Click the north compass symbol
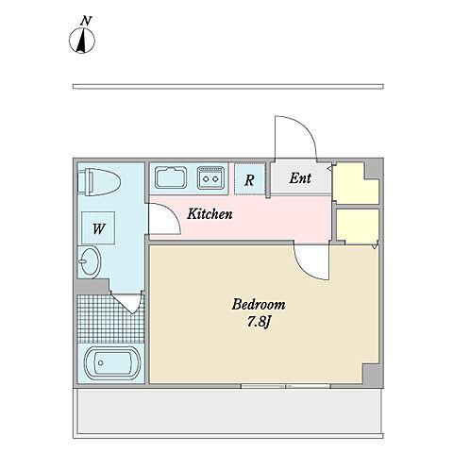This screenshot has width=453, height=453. pyautogui.click(x=82, y=41)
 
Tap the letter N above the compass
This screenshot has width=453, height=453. pyautogui.click(x=86, y=21)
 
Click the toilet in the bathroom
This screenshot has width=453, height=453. pyautogui.click(x=99, y=182)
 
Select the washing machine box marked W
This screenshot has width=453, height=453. pyautogui.click(x=98, y=228)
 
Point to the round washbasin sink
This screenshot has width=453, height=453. pyautogui.click(x=89, y=261)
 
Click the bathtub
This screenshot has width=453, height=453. pyautogui.click(x=112, y=363)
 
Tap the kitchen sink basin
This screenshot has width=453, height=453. pyautogui.click(x=171, y=177)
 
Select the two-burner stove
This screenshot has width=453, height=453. pyautogui.click(x=210, y=178)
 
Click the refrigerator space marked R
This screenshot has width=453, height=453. pyautogui.click(x=249, y=179)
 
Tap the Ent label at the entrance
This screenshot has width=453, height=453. pyautogui.click(x=300, y=178)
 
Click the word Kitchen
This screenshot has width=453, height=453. pyautogui.click(x=210, y=214)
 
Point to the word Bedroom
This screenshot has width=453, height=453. pyautogui.click(x=259, y=305)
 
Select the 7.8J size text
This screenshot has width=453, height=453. pyautogui.click(x=259, y=322)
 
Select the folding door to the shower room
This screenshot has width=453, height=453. pyautogui.click(x=126, y=303)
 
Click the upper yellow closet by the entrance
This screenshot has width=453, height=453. pyautogui.click(x=356, y=183)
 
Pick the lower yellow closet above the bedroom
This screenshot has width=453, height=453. pyautogui.click(x=358, y=226)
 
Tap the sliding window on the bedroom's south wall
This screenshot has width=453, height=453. pyautogui.click(x=286, y=386)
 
